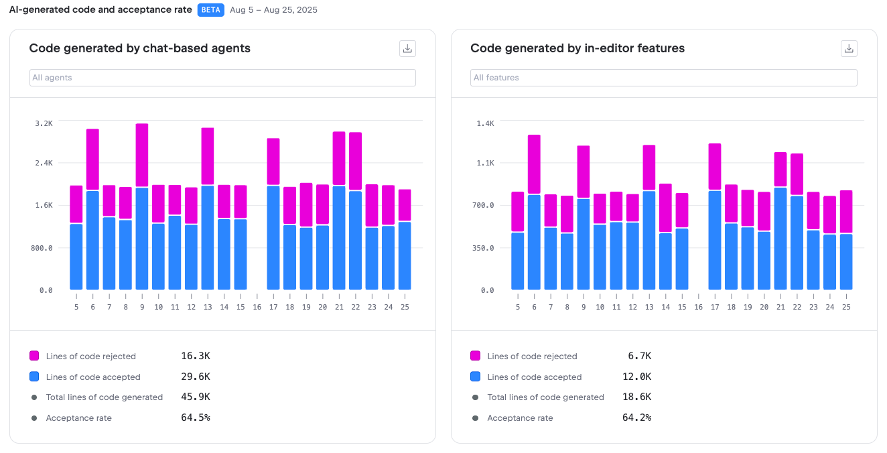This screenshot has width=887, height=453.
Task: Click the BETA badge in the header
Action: [211, 10]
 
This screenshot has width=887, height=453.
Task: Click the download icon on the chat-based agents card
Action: [407, 48]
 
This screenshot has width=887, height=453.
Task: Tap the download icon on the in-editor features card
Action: [849, 48]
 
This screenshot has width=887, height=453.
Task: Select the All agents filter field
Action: [222, 78]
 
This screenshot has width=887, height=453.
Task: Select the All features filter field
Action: [663, 78]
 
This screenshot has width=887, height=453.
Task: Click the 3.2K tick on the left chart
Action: [44, 123]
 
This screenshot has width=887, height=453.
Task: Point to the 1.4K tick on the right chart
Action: [486, 123]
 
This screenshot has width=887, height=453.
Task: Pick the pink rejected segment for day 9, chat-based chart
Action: [142, 155]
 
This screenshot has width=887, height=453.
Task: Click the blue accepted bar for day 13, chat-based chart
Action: [208, 238]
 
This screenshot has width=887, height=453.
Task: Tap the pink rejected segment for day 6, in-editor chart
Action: [534, 164]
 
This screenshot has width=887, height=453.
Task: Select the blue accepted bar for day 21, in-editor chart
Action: [780, 239]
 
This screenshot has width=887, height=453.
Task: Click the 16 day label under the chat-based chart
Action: [257, 307]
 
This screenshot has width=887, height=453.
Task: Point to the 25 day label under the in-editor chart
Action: [846, 307]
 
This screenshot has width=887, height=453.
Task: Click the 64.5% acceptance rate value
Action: [196, 417]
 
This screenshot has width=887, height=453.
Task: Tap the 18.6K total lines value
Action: [636, 397]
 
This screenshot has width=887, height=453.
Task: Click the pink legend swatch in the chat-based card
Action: [34, 356]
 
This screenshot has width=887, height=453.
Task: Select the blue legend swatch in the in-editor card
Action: [476, 377]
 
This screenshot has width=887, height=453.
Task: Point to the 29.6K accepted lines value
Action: [196, 377]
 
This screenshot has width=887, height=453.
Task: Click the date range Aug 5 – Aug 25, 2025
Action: [273, 10]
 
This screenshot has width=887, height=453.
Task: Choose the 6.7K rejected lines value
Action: [639, 356]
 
